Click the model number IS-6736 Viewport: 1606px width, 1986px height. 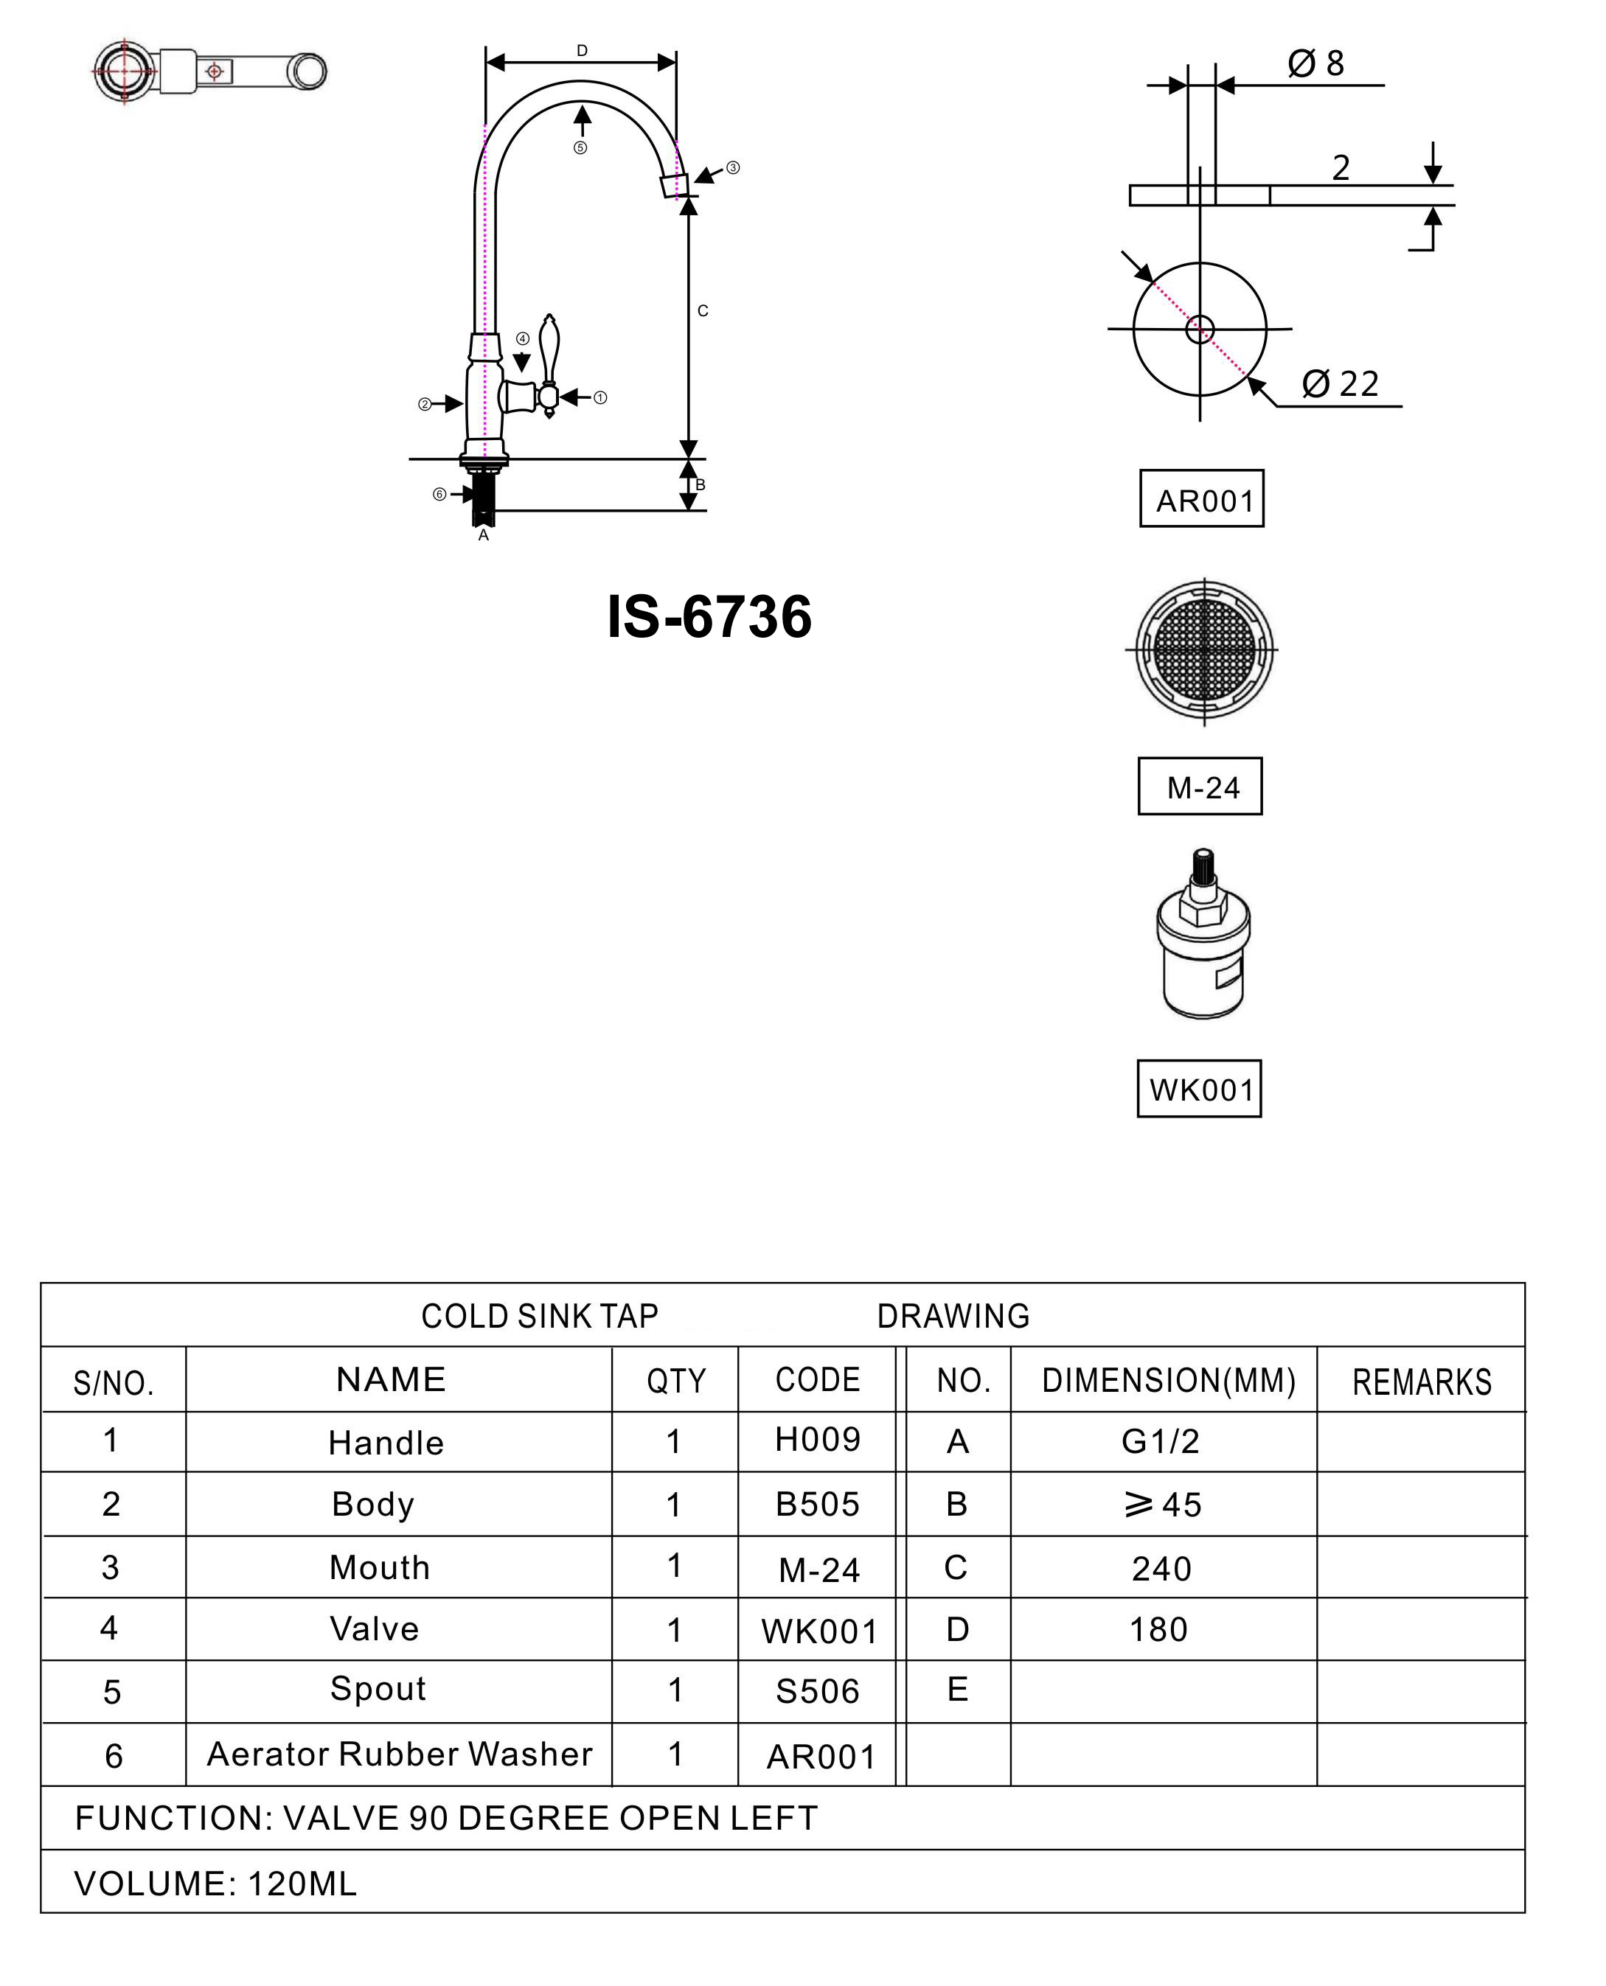pos(709,617)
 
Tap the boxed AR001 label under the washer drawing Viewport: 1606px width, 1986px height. pos(1202,501)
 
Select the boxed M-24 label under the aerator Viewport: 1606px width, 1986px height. pos(1200,787)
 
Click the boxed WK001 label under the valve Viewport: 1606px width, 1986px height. pos(1200,1090)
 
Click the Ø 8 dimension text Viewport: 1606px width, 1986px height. pos(1315,64)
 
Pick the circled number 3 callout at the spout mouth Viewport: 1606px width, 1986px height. pos(733,167)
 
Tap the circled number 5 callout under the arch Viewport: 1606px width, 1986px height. pos(580,148)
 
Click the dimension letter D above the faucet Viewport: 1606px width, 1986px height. pos(581,51)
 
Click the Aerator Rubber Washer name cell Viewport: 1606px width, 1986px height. pos(399,1754)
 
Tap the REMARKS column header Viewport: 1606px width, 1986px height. pos(1421,1382)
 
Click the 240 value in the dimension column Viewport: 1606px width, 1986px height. pos(1161,1569)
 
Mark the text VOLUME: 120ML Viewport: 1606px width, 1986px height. pos(215,1884)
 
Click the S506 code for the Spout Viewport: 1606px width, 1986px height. pos(817,1691)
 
